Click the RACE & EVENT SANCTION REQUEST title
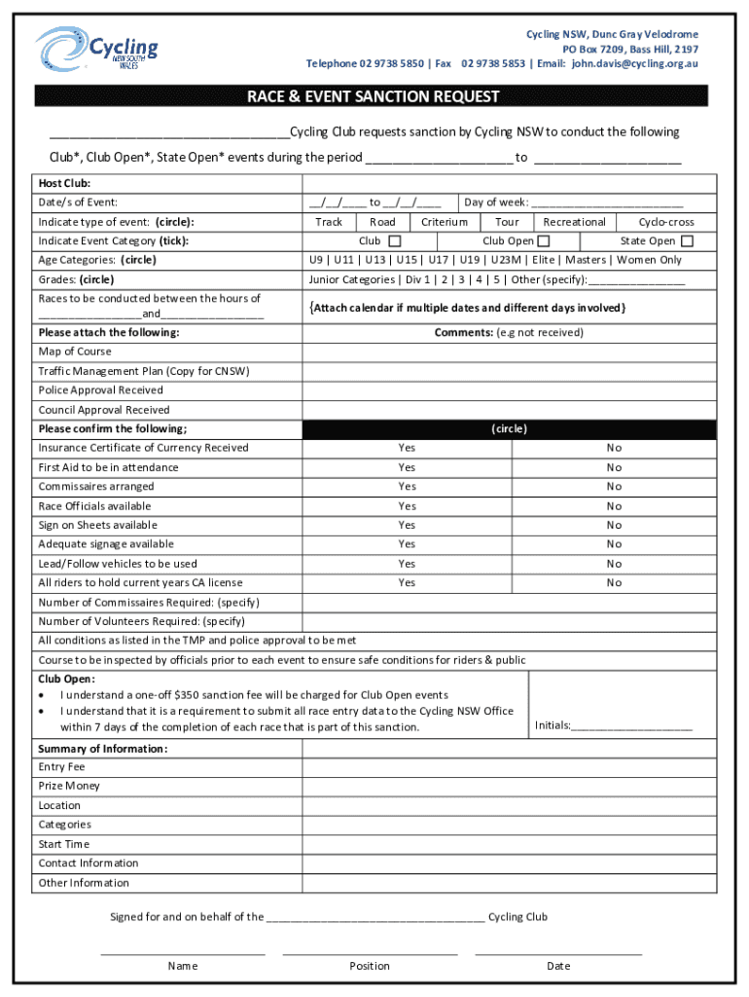click(x=374, y=96)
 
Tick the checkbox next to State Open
click(x=687, y=241)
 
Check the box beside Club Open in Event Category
click(x=544, y=241)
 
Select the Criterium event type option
click(x=445, y=222)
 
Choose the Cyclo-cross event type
click(x=666, y=222)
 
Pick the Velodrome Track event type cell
click(x=329, y=222)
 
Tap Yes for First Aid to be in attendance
click(x=407, y=467)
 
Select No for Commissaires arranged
click(x=614, y=487)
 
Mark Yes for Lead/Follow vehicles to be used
click(x=407, y=564)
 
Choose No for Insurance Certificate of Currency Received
click(x=614, y=448)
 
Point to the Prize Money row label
click(x=69, y=786)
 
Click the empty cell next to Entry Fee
click(x=510, y=767)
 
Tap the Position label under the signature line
click(x=370, y=966)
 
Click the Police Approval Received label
click(x=101, y=390)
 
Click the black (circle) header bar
click(x=510, y=429)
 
